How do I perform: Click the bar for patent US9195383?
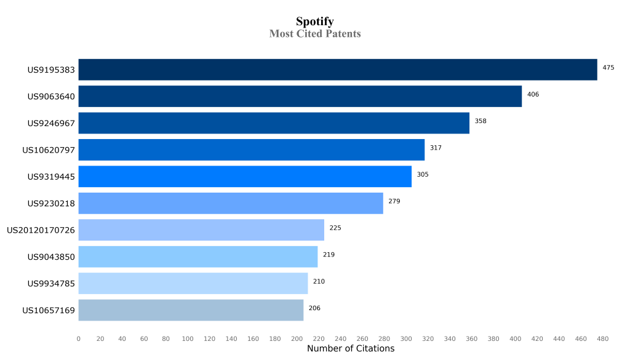point(337,70)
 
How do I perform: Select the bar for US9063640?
point(300,96)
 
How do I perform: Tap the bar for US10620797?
point(251,150)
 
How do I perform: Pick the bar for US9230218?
point(231,203)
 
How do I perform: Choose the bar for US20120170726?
point(201,230)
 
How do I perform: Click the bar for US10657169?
point(191,310)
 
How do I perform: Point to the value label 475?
point(608,68)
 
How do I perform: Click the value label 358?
point(480,121)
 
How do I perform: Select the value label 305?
point(423,175)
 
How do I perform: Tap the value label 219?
point(329,255)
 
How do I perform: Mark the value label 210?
point(319,281)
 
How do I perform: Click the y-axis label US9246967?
point(51,123)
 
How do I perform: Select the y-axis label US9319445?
point(51,177)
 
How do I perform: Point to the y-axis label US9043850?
point(51,257)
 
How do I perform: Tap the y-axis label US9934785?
point(51,284)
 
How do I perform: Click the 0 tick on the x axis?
point(78,339)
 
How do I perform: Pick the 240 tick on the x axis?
point(340,339)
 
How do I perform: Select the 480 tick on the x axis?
point(602,339)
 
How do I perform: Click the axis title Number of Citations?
point(351,349)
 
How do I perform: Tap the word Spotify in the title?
point(315,22)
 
